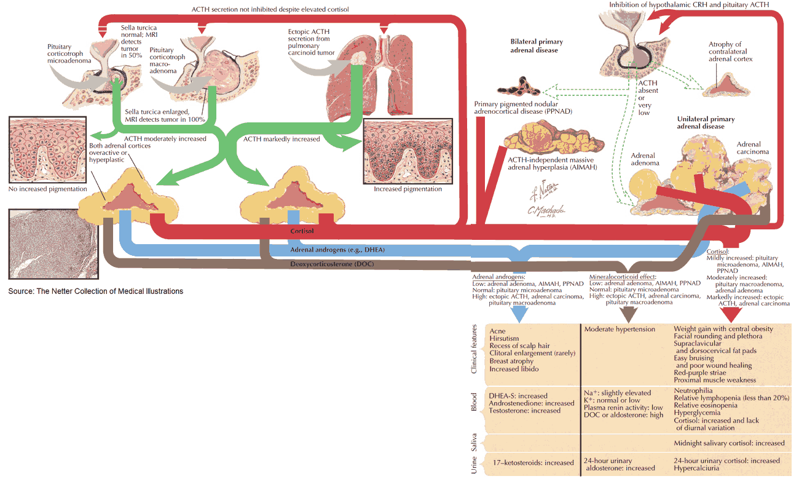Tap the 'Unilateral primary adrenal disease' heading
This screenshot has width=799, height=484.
tap(706, 123)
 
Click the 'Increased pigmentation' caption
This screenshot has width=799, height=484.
tap(408, 189)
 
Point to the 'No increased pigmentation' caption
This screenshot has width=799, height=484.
tap(47, 189)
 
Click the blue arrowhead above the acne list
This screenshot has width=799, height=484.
tap(519, 314)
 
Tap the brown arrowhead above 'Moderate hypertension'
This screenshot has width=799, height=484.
tap(629, 314)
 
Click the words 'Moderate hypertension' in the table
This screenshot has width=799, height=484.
tap(620, 329)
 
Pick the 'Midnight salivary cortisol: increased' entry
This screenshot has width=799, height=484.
tap(729, 443)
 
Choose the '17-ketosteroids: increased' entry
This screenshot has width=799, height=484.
tap(533, 462)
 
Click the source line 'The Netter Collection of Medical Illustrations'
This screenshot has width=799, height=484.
tap(95, 291)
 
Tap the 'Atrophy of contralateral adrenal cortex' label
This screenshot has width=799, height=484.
tap(730, 52)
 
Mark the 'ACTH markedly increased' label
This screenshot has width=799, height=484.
tap(281, 139)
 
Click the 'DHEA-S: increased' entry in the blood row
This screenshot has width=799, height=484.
tap(518, 395)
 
